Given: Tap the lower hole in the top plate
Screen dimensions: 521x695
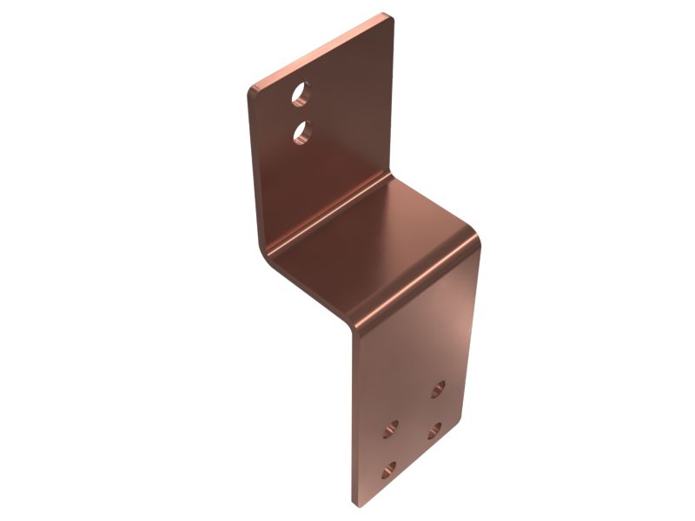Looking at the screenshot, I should (x=302, y=132).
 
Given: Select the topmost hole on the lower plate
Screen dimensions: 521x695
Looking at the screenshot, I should (x=439, y=388).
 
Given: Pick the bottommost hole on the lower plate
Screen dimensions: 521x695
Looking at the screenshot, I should (x=388, y=472).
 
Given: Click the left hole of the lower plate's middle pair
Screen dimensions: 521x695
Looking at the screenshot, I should (x=391, y=428).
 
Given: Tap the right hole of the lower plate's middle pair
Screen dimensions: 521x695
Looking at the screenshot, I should (x=434, y=430).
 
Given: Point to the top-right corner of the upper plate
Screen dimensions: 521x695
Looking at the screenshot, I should (x=386, y=16).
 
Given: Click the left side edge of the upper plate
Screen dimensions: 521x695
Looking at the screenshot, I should (x=253, y=174).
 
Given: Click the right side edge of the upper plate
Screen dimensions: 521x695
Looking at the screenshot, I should (x=392, y=96).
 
